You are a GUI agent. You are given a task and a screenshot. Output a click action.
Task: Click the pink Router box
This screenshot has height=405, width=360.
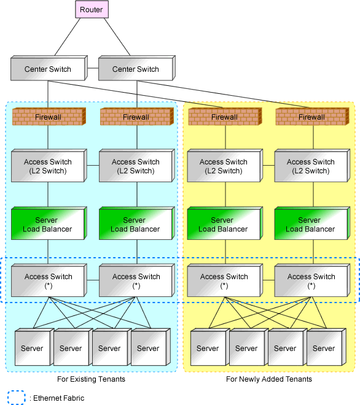(x=92, y=10)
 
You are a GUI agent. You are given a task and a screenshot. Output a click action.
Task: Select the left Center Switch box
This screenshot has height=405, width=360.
(x=49, y=68)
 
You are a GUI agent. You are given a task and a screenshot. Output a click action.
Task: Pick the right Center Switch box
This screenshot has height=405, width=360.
(x=137, y=68)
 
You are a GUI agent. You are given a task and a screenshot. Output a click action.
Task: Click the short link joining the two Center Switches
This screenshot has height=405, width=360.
(x=93, y=68)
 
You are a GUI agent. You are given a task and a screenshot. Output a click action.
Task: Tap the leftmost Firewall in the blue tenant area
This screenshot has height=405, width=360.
(x=49, y=117)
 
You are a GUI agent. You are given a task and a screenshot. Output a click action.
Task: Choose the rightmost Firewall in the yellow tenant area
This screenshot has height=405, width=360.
(x=313, y=117)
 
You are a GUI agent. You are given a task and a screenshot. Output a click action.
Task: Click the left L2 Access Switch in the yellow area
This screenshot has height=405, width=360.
(x=225, y=166)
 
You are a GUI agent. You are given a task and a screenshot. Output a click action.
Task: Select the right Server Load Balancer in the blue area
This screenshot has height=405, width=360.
(x=137, y=223)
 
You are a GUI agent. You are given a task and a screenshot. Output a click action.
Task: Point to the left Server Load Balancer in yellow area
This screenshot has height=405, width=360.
(x=225, y=223)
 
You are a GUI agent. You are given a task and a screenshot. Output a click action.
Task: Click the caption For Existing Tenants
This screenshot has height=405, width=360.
(x=91, y=379)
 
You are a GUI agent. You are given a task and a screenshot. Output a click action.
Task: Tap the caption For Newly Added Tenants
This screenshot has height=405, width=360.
(x=269, y=379)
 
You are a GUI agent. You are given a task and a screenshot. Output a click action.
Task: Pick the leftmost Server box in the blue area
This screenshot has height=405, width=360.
(x=34, y=347)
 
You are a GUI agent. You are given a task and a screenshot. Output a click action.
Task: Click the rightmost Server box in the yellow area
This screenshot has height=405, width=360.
(x=326, y=347)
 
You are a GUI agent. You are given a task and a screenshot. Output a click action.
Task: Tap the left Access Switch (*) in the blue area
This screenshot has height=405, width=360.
(x=49, y=280)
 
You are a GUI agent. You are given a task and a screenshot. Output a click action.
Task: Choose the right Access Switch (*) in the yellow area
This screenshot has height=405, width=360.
(x=312, y=280)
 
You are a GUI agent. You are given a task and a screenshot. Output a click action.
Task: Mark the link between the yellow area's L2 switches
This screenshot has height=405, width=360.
(x=268, y=165)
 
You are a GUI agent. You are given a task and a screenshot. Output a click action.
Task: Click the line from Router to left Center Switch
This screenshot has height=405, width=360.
(x=68, y=37)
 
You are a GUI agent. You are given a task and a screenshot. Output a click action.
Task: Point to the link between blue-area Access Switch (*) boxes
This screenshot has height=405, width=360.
(x=93, y=280)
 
